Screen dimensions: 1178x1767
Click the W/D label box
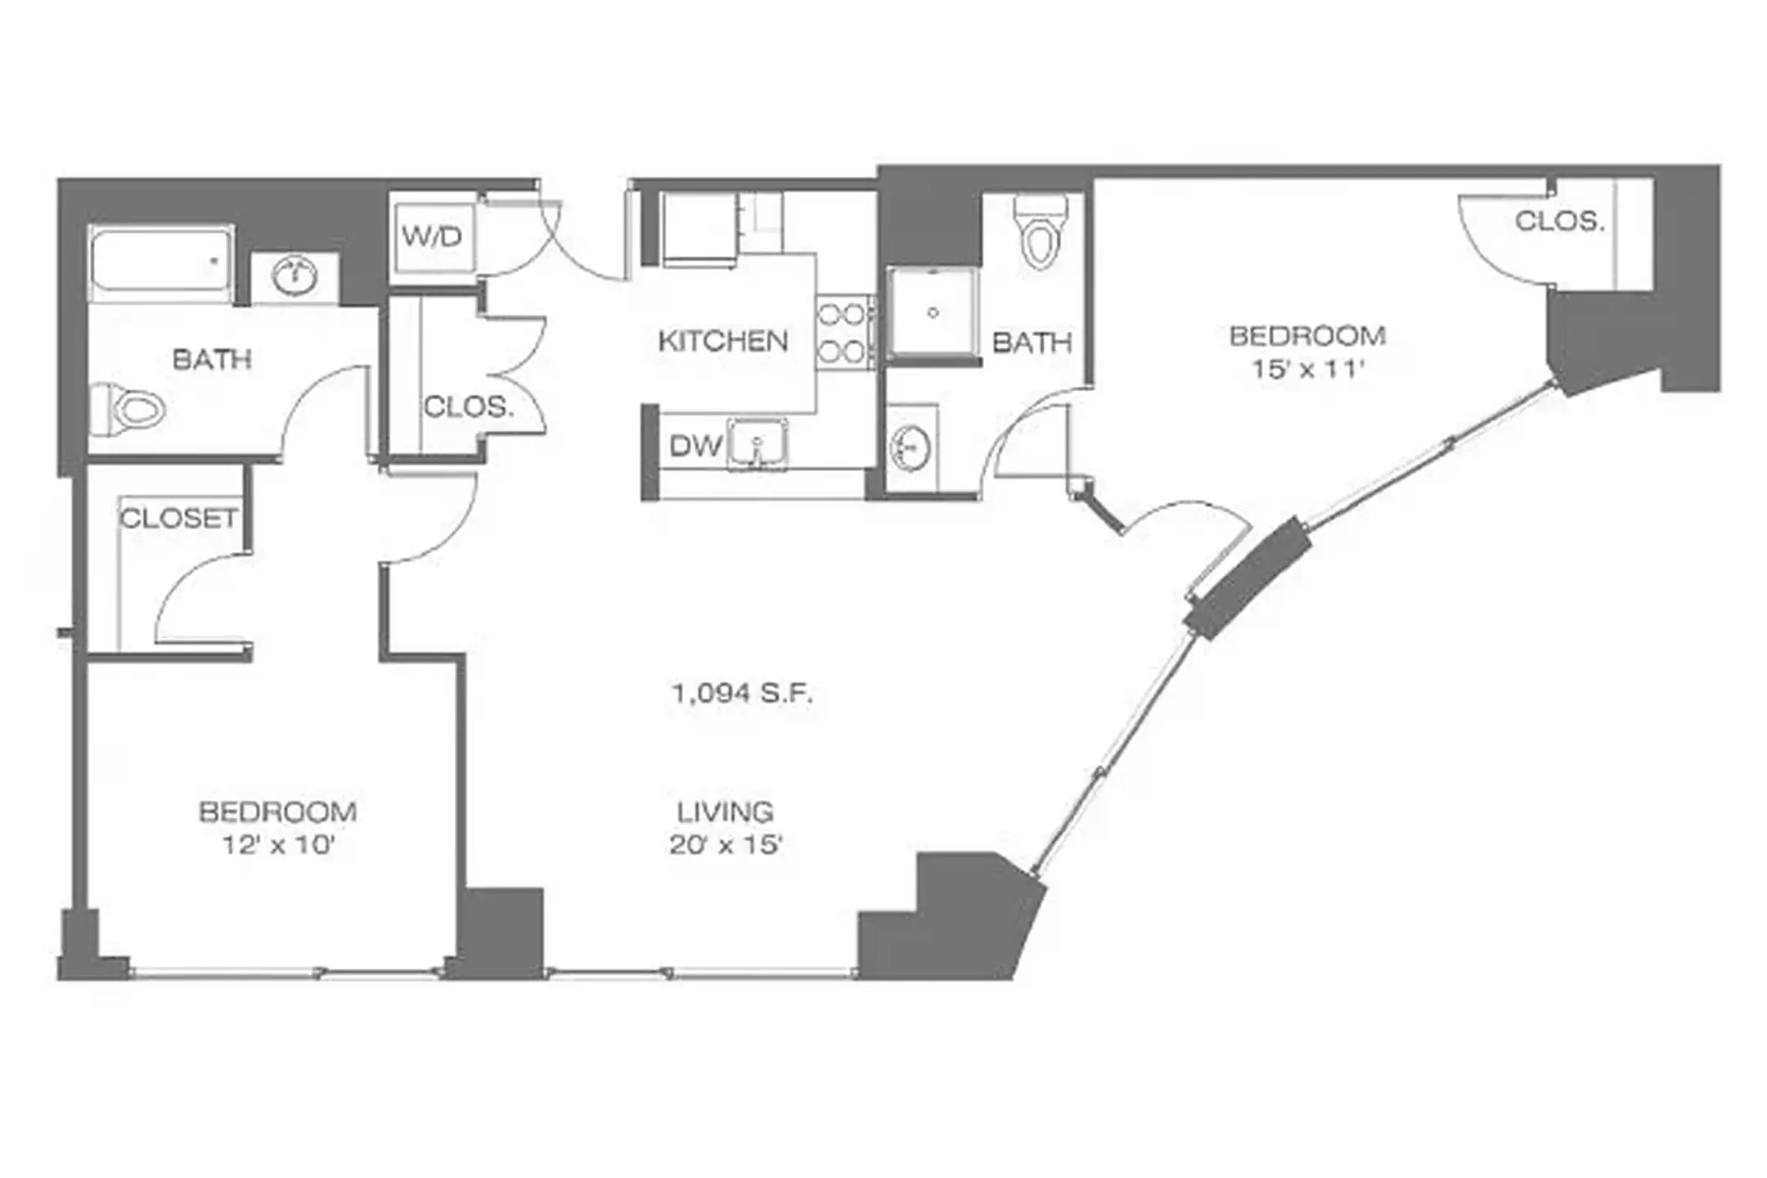point(432,237)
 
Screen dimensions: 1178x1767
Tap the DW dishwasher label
point(695,446)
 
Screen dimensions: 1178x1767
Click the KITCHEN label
point(723,341)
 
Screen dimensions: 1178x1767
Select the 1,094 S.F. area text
point(741,695)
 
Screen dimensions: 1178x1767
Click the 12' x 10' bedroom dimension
point(278,844)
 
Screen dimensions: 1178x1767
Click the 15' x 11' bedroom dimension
point(1306,370)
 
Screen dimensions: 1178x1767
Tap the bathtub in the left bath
point(160,263)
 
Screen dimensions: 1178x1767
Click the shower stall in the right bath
point(933,312)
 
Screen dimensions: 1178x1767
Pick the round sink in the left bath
point(294,278)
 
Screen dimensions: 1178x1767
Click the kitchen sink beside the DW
point(758,446)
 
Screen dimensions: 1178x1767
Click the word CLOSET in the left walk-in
point(178,518)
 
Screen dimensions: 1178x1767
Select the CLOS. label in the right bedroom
point(1559,221)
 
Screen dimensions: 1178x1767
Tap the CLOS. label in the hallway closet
point(468,407)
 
